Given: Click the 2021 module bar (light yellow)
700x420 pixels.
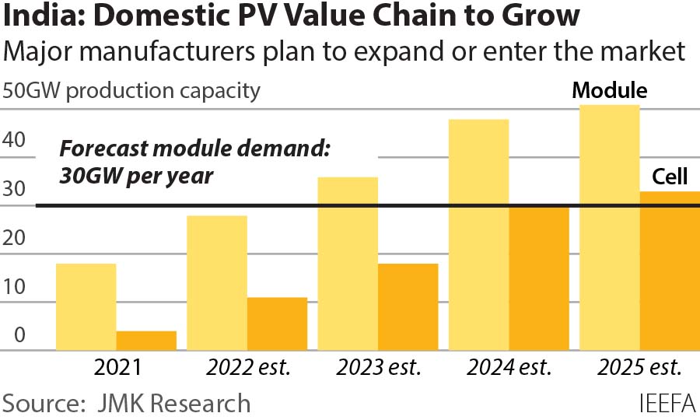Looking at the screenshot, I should point(86,307).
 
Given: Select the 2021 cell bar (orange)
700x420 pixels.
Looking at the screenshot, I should point(146,341).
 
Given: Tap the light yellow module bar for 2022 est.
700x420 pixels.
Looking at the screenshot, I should point(217,283).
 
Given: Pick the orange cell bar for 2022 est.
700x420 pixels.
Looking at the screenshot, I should point(277,324).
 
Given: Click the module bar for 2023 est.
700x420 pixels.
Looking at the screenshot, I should point(348,264).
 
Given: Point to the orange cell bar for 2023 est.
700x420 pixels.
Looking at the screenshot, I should point(408,307).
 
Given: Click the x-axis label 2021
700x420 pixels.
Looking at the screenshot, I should point(116,366).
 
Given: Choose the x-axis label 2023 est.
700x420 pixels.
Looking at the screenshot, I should point(377,366).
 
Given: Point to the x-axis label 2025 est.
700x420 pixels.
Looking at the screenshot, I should point(639,366).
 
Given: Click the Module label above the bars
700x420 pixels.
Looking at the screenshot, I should point(610,91).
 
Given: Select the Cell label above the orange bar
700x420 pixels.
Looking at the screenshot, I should point(670,178).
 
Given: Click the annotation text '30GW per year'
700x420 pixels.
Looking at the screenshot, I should point(136,176).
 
